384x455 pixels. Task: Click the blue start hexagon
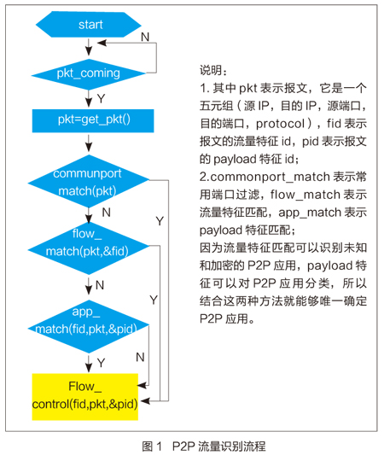tap(89, 25)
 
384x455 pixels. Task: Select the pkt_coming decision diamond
tap(89, 74)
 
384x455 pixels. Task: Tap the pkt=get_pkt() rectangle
tap(93, 120)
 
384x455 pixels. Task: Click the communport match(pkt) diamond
tap(89, 182)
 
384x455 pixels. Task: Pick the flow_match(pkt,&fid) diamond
tap(89, 248)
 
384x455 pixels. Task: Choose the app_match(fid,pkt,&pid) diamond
tap(89, 327)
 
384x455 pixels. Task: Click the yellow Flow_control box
tap(85, 397)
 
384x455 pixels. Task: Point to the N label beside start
tap(145, 37)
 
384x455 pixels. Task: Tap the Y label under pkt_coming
tap(101, 99)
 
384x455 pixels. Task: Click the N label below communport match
tap(107, 213)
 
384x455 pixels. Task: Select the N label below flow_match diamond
tap(100, 285)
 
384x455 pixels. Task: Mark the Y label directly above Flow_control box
tap(101, 363)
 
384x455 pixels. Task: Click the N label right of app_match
tap(141, 357)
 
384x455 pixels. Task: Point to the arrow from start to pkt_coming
tap(89, 46)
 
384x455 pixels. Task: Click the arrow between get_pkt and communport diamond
tap(89, 143)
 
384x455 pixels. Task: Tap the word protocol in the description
tap(280, 124)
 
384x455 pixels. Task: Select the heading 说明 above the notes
tap(212, 71)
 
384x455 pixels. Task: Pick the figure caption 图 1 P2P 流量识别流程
tap(204, 446)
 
